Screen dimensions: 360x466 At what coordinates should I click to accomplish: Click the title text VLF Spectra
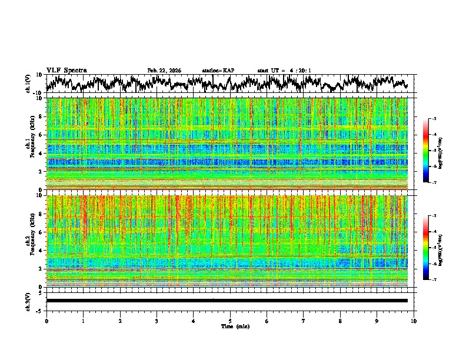pos(66,70)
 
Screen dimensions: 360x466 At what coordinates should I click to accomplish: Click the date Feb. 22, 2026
pos(164,71)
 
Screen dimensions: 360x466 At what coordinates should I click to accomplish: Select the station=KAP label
pos(218,71)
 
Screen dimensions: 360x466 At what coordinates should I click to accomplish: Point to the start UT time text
pos(284,71)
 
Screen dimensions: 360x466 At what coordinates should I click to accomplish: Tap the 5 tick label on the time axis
pos(230,321)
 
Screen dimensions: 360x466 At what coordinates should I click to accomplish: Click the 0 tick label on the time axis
pos(46,321)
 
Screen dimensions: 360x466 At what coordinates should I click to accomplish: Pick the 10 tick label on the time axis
pos(414,321)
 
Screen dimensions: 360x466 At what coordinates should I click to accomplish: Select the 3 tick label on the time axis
pos(157,321)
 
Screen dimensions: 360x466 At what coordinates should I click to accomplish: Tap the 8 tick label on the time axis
pos(340,321)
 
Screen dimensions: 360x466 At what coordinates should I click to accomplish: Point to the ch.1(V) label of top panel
pos(28,84)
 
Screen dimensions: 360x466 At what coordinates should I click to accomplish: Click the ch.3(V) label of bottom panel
pos(28,300)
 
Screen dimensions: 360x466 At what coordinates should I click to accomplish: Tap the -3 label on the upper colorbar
pos(433,119)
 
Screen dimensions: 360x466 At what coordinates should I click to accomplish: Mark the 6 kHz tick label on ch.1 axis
pos(41,135)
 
